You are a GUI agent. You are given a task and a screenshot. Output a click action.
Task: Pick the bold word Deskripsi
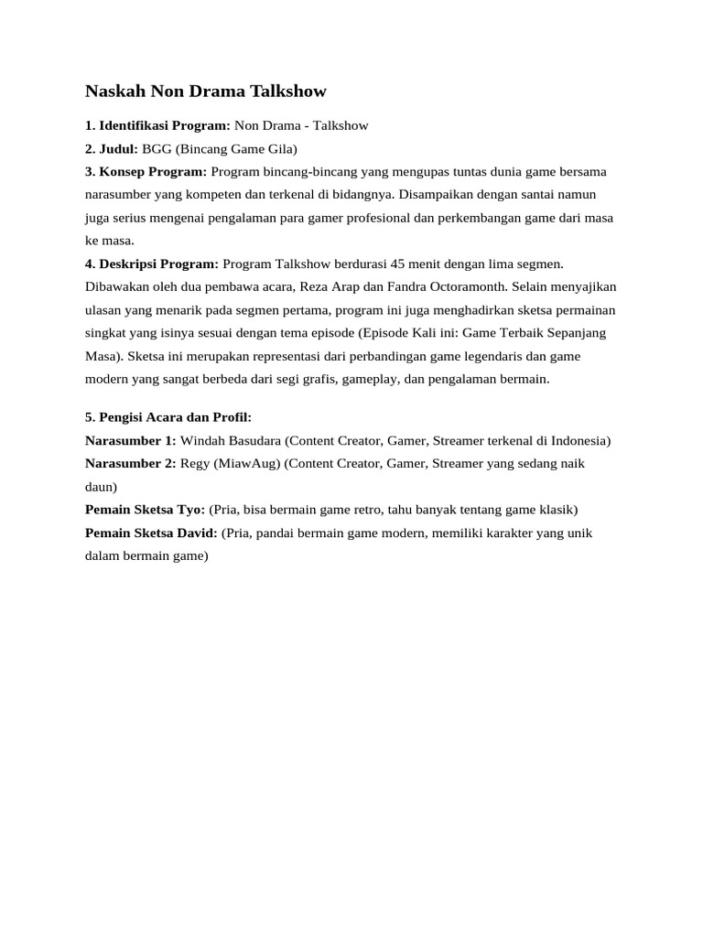coord(130,264)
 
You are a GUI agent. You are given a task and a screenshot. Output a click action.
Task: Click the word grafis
coord(311,378)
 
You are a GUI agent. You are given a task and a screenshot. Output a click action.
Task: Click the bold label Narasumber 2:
coord(130,463)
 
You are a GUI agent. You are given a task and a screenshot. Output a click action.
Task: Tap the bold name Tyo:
coord(191,509)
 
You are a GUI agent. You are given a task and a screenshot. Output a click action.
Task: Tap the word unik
coord(579,532)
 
